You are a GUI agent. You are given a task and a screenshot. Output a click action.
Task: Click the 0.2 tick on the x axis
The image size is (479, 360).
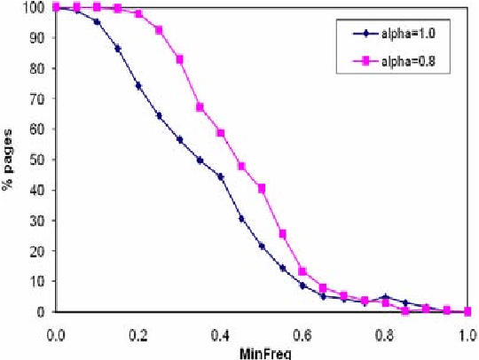[137, 337]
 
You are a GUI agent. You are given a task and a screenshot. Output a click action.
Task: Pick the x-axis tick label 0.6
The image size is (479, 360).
[302, 337]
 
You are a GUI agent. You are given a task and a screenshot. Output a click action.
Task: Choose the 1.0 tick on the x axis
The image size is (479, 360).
[467, 337]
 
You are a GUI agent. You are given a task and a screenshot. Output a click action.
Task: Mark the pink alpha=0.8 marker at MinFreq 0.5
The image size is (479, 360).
[262, 188]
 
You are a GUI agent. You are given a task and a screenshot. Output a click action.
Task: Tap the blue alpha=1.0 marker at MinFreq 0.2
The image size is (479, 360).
[138, 85]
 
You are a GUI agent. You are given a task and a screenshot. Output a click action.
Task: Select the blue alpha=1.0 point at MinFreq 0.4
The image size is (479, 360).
[221, 176]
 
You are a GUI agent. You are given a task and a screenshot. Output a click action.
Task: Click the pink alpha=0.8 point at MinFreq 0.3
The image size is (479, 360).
[179, 59]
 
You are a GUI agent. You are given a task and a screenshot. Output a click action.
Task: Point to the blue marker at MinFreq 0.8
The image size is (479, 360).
[385, 297]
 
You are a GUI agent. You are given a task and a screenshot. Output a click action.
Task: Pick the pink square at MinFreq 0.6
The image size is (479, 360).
[302, 271]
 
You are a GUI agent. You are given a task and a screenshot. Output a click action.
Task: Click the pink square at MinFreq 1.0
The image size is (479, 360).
[467, 311]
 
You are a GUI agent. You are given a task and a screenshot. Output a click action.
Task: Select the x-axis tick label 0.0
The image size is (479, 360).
[55, 337]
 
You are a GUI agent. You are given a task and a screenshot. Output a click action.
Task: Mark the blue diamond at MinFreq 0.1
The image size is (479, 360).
[97, 21]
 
